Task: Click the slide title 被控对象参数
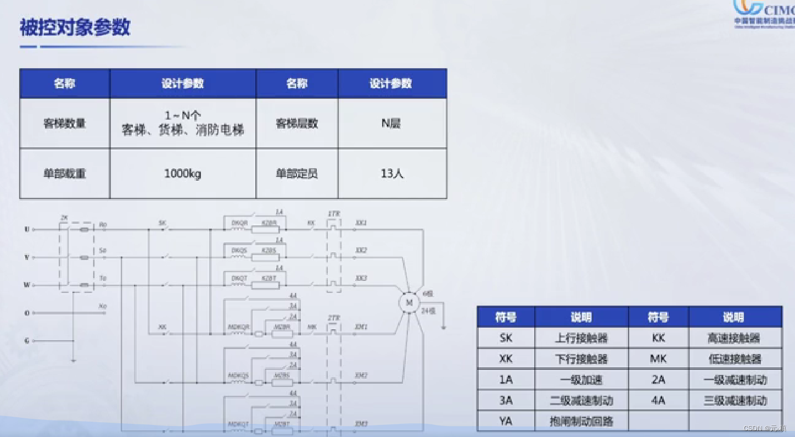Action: click(x=75, y=27)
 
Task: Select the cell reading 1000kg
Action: click(x=183, y=174)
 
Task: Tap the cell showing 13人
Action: click(x=392, y=174)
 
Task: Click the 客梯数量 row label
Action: click(x=65, y=124)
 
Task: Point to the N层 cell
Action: click(x=391, y=124)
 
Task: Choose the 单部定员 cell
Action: click(x=296, y=174)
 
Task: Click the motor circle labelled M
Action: click(x=408, y=303)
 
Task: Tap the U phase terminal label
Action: click(x=27, y=229)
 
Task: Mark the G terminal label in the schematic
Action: click(x=26, y=341)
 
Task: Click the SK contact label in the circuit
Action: click(x=163, y=223)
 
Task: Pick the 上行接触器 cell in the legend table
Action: click(x=581, y=338)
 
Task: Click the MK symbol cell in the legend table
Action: click(x=658, y=359)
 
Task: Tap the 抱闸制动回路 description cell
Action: click(x=581, y=421)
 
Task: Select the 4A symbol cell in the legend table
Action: click(x=658, y=400)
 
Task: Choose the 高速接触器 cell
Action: click(x=735, y=338)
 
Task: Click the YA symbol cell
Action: click(x=506, y=421)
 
